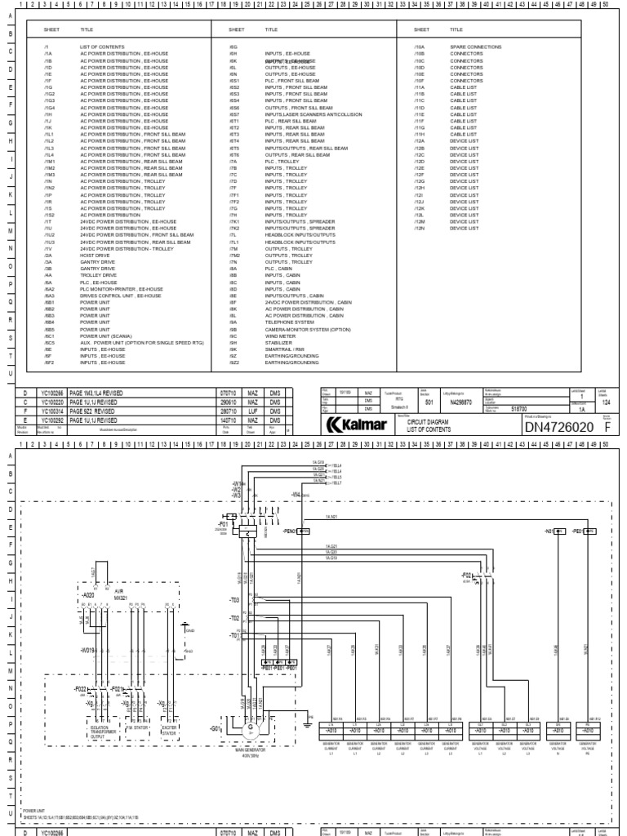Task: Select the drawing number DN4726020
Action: [558, 426]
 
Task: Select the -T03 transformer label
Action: [233, 599]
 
